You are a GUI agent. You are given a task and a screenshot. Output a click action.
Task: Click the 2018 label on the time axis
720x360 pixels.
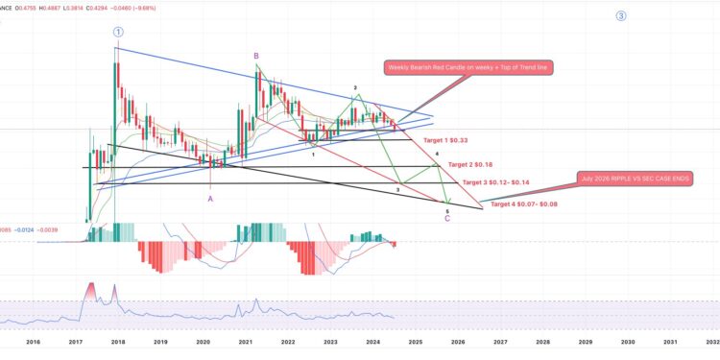click(118, 341)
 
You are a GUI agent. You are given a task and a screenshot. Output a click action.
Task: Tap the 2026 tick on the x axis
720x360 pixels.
click(458, 341)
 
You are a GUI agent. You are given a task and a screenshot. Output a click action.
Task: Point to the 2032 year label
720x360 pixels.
click(711, 341)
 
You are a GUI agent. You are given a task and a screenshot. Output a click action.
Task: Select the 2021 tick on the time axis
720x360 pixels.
click(246, 341)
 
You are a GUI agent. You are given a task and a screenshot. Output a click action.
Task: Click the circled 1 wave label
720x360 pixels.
click(117, 32)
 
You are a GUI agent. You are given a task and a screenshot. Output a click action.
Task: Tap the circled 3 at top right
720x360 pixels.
click(621, 16)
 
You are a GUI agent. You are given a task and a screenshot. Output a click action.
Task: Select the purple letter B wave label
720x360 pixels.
click(256, 56)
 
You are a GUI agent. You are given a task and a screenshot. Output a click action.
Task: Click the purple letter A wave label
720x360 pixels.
click(210, 199)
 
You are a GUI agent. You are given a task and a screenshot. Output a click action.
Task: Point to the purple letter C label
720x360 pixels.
click(447, 218)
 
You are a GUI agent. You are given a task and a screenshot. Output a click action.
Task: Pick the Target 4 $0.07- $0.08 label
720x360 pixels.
click(523, 204)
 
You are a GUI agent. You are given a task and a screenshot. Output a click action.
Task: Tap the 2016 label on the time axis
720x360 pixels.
click(33, 341)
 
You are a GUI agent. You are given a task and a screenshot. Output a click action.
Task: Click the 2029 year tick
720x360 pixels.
click(585, 341)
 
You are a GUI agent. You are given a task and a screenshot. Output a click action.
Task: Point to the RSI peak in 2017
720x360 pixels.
click(92, 285)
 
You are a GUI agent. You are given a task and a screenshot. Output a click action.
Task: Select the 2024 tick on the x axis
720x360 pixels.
click(372, 341)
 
